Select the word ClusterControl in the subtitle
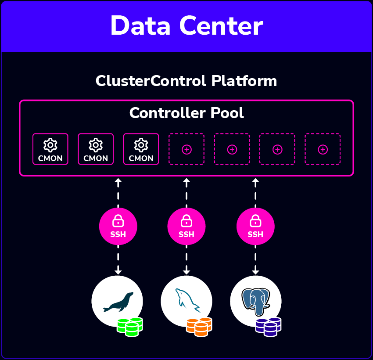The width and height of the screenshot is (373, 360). [151, 81]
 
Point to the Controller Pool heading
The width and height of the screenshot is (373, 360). [186, 113]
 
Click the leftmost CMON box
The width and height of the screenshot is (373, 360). [50, 149]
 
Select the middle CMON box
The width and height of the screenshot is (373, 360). [96, 149]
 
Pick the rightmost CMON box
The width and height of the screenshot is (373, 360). [141, 149]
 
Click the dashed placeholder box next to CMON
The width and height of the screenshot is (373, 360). [186, 149]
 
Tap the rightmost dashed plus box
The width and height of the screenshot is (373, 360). [323, 149]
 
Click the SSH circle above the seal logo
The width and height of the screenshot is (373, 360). [118, 226]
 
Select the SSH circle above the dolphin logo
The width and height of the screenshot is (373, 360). [186, 226]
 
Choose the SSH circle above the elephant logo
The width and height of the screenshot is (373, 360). [255, 226]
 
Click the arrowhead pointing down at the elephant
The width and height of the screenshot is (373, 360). [255, 272]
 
